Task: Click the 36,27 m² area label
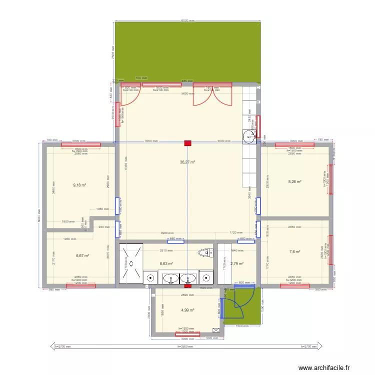click(187, 162)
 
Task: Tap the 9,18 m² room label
click(79, 185)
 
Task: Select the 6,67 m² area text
click(82, 255)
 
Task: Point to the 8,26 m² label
click(294, 182)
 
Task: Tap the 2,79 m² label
click(237, 263)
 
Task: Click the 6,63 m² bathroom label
click(166, 263)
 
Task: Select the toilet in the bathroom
click(204, 252)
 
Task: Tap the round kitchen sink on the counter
click(248, 136)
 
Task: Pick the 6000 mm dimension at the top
click(187, 20)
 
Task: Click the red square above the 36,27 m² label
click(187, 143)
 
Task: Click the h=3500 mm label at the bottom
click(187, 346)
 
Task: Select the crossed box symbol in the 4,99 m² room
click(216, 330)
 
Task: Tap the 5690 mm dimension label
click(187, 93)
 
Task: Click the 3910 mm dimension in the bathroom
click(165, 250)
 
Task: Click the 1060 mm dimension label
click(102, 209)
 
